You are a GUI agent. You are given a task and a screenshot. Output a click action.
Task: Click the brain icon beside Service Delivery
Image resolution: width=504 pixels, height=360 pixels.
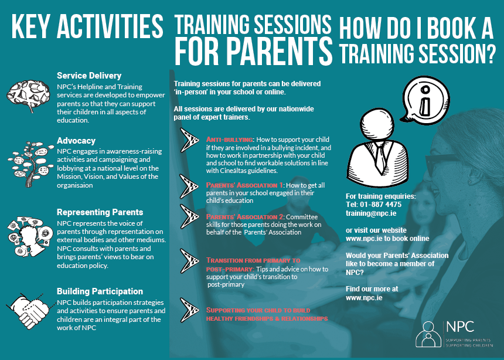coord(28,95)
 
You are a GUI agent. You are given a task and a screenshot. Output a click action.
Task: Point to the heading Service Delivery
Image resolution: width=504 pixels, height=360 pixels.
coord(89,76)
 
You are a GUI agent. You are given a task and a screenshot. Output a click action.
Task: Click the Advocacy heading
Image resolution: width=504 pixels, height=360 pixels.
coord(76,141)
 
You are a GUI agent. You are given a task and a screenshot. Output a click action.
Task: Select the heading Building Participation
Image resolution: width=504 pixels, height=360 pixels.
coord(100,291)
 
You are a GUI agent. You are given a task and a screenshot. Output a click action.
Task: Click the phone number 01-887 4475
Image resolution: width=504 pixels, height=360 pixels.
coord(380,205)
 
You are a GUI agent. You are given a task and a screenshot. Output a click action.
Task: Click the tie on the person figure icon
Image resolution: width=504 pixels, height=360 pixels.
coord(380,158)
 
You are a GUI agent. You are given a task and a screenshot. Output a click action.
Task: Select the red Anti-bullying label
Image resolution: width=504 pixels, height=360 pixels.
coord(230,140)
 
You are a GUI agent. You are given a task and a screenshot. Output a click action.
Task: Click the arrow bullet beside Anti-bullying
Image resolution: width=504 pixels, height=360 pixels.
coord(189,140)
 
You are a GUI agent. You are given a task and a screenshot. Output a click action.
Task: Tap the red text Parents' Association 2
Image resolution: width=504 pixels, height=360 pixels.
coord(244,217)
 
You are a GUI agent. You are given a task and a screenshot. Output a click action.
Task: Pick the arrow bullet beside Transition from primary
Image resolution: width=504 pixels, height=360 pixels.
coord(189,261)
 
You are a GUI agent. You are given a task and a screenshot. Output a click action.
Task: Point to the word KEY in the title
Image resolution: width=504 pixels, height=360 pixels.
coord(30,26)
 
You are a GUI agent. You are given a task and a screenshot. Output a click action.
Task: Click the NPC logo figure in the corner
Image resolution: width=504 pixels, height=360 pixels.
coord(428,334)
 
